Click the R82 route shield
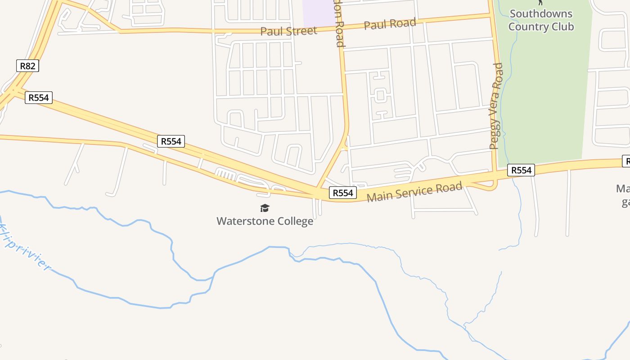[27, 66]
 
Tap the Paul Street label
[288, 31]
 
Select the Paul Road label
[390, 24]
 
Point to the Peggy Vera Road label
[496, 106]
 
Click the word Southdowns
[541, 14]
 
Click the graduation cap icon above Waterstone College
[265, 208]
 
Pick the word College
[295, 221]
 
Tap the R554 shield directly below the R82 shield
[39, 98]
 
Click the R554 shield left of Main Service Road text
[342, 193]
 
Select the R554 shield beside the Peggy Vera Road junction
[521, 170]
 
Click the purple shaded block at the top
[319, 13]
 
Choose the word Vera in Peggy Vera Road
[496, 103]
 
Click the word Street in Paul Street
[301, 31]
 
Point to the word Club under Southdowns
[562, 27]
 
